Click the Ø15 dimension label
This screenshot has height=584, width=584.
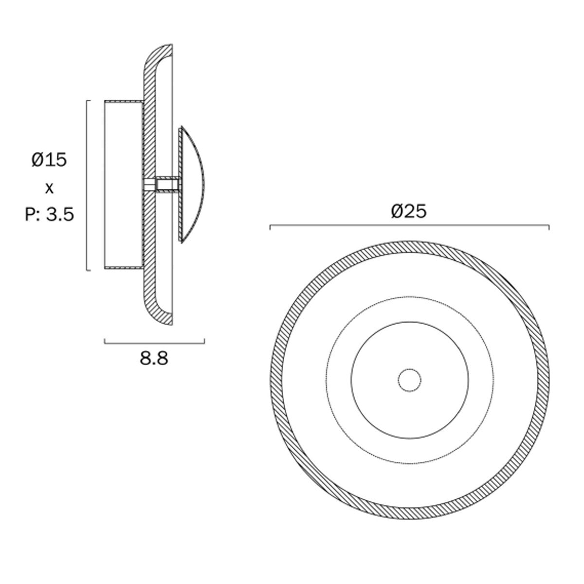49,160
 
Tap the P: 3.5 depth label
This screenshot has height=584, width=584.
50,215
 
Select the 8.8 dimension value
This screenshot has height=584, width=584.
154,358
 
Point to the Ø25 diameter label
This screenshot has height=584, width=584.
409,211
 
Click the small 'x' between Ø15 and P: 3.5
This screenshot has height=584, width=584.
50,189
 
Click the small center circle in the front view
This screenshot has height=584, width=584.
409,381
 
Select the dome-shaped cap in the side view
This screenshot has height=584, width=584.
192,184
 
